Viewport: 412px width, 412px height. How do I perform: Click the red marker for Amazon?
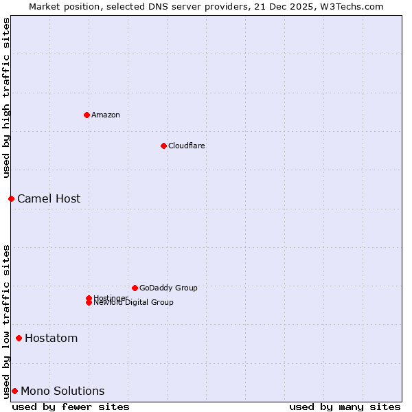click(x=87, y=115)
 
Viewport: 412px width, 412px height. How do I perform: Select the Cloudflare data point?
click(x=163, y=146)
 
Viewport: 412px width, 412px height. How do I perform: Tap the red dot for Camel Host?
click(x=11, y=198)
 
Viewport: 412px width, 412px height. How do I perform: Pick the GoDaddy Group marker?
click(x=135, y=288)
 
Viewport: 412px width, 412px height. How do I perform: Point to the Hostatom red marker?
click(x=19, y=338)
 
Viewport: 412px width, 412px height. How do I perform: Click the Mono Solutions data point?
click(x=14, y=391)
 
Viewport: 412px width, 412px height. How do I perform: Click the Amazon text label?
click(x=106, y=115)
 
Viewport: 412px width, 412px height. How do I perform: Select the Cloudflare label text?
click(x=187, y=146)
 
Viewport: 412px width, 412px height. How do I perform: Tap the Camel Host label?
click(x=49, y=198)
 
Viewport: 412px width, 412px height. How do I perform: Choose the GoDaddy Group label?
click(x=168, y=288)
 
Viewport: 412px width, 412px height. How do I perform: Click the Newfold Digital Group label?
click(x=134, y=303)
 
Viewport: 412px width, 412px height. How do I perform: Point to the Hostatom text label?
click(x=51, y=338)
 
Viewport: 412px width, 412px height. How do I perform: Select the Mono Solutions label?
click(x=62, y=391)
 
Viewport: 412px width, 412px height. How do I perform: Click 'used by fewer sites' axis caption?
click(x=71, y=407)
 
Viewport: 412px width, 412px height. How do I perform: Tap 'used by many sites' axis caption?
click(x=345, y=407)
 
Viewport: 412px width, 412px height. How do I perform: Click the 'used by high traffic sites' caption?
click(x=6, y=98)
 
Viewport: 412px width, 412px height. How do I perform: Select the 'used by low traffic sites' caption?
click(x=6, y=321)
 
